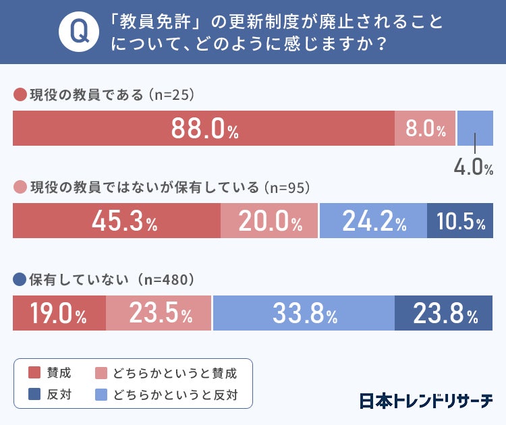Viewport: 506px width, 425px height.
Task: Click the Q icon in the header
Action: (75, 32)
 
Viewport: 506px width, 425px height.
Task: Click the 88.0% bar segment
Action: (204, 128)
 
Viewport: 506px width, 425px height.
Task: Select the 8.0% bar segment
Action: (426, 128)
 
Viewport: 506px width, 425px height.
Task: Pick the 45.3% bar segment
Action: (117, 221)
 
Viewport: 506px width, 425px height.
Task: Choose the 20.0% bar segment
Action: (269, 221)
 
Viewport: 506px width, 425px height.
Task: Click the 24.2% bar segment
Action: (372, 221)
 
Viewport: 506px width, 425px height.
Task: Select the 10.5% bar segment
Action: (460, 221)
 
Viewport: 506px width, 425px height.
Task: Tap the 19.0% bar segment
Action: (59, 313)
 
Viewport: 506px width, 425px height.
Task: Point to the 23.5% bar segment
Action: (159, 313)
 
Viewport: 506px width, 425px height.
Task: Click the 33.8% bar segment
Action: (304, 313)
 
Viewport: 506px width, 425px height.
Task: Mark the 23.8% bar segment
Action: (444, 313)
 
